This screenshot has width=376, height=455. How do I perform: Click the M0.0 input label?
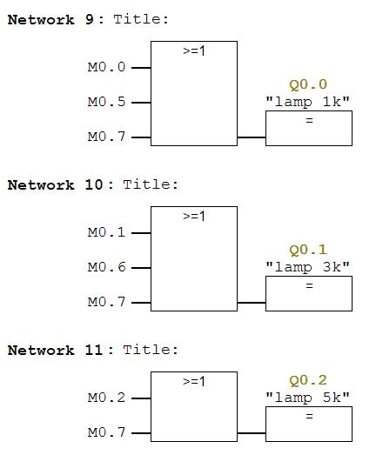click(106, 67)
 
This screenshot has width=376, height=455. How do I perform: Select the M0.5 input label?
click(106, 102)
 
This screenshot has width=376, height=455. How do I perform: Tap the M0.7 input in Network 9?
click(106, 137)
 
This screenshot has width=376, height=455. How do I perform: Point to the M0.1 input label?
click(106, 232)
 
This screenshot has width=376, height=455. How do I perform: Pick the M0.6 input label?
click(106, 267)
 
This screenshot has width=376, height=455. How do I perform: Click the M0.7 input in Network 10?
click(106, 302)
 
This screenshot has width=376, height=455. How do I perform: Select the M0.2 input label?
click(106, 398)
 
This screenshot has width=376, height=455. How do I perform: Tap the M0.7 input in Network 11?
click(106, 432)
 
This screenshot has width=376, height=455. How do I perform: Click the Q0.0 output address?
click(308, 84)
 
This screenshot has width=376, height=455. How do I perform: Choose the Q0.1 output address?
click(308, 251)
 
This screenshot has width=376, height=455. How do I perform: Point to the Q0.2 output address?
click(308, 381)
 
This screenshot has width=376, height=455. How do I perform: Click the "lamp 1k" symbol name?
click(308, 102)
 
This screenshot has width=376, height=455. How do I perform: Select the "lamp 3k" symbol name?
click(308, 267)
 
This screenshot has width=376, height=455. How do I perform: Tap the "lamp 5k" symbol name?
click(308, 398)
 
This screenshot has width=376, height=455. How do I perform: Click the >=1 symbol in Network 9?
click(194, 51)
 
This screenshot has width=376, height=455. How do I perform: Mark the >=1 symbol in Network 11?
click(194, 382)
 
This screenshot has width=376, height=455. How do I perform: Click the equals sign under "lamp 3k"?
click(310, 286)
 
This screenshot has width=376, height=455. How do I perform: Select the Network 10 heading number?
click(93, 184)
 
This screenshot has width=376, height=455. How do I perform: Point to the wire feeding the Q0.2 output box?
click(252, 433)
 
